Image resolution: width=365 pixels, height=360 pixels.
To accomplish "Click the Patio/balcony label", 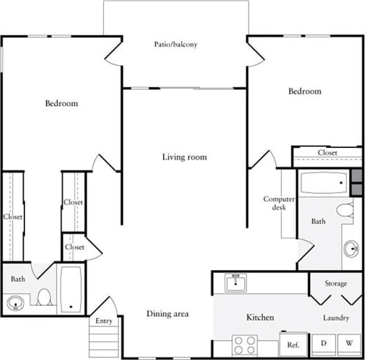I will coord(176,44).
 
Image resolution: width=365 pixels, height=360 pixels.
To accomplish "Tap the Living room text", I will coord(184,157).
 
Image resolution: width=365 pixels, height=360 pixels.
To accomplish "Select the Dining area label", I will coord(168,314).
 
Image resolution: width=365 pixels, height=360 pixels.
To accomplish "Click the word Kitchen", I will coord(260,318).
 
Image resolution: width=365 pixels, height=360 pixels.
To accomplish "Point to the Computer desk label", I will coord(279,203).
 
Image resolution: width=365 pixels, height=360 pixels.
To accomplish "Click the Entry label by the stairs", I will coord(104,320).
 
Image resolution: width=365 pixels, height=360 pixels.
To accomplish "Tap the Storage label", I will coord(336,283).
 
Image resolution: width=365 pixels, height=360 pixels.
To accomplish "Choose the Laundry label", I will coord(336,318).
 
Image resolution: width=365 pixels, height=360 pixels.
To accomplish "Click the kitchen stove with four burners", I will coord(247,344).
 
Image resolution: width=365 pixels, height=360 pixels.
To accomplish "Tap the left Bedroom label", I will coord(61,104).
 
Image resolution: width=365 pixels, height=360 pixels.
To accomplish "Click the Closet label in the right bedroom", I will coord(327,152).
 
